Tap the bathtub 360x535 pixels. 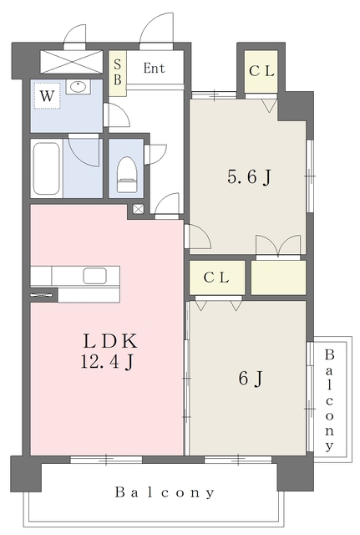47,168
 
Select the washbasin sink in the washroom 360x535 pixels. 79,87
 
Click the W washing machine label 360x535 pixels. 47,96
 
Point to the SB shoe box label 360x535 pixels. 118,72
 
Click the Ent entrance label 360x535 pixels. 155,69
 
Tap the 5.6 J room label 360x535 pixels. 249,177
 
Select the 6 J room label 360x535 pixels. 251,378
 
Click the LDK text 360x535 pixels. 110,340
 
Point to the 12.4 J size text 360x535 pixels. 106,361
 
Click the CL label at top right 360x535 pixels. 261,71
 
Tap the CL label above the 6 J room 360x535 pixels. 216,278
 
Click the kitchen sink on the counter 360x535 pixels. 94,276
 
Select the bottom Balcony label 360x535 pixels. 165,492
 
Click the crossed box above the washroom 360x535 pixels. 71,61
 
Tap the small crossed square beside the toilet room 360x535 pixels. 138,209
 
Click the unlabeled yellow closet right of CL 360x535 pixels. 278,278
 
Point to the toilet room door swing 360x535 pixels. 155,154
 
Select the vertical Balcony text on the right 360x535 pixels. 329,400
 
